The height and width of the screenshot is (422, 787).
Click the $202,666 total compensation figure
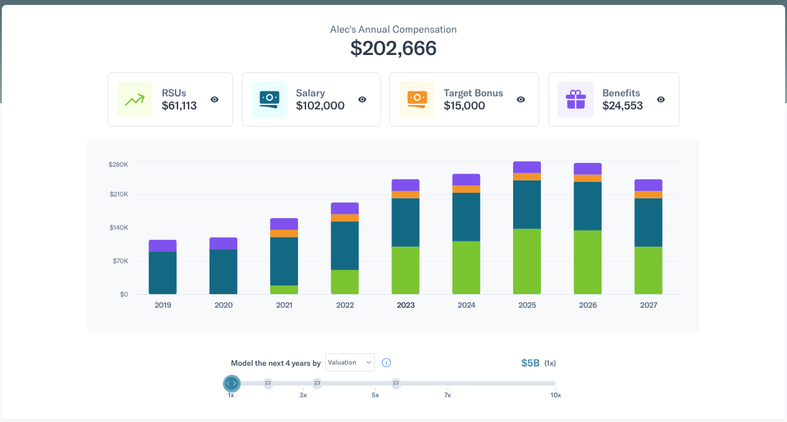point(393,48)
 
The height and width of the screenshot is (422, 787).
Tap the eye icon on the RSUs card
point(215,99)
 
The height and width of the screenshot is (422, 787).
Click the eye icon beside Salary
point(362,99)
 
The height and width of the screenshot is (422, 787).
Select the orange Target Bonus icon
point(417,99)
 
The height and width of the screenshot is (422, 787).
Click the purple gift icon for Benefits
point(576,99)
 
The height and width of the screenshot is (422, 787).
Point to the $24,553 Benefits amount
point(623,106)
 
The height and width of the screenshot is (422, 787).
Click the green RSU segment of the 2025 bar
point(527,261)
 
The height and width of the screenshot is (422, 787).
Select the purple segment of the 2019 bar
point(163,246)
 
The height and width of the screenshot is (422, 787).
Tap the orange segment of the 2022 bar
point(344,217)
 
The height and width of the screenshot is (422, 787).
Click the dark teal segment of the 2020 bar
point(223,272)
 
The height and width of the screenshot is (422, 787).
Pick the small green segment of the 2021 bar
point(284,290)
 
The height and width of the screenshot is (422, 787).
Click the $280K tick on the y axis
point(118,164)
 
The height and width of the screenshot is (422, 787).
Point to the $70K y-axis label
point(119,261)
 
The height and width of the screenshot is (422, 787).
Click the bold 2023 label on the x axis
point(406,305)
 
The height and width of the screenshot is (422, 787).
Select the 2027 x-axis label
point(649,305)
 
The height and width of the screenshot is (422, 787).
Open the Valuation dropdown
point(350,363)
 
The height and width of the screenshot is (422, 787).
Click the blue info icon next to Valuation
point(386,363)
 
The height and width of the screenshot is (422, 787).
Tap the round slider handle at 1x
point(231,384)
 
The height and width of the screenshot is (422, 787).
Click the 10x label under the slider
point(555,395)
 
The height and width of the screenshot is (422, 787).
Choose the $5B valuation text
point(530,363)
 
